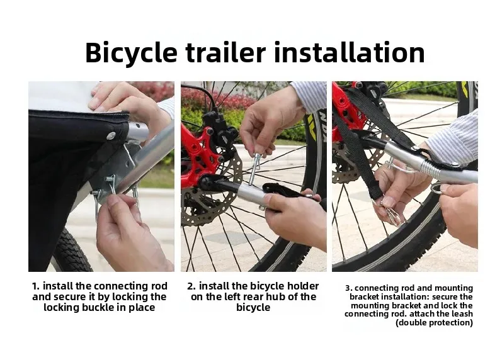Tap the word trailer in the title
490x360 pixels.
(225, 52)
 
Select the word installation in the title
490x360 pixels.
(350, 52)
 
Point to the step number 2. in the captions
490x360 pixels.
(191, 286)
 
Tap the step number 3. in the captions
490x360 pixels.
(349, 288)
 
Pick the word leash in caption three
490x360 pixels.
(462, 314)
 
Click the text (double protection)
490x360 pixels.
(434, 322)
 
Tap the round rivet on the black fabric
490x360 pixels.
(111, 135)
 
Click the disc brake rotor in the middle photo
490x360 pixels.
(215, 188)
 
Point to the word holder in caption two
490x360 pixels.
(303, 286)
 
